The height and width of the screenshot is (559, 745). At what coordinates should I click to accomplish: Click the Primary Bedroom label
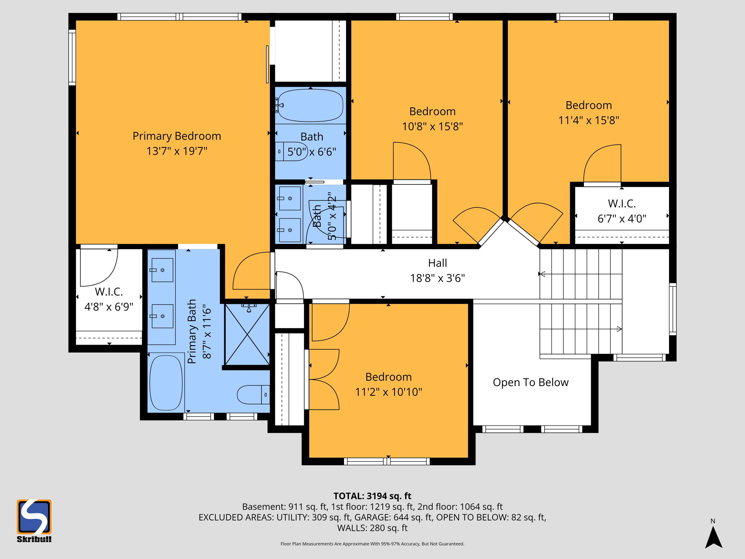177,136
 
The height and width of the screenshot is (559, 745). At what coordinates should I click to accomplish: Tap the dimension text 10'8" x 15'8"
432,127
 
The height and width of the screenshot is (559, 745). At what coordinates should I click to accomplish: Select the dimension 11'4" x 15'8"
589,120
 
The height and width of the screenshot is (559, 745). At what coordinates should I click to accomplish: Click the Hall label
437,263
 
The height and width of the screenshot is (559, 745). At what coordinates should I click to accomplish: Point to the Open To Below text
530,382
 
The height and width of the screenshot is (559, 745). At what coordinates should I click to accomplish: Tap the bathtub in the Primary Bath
166,382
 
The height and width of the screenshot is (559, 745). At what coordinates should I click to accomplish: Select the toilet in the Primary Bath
253,395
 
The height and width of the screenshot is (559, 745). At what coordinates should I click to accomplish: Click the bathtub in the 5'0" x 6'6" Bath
310,106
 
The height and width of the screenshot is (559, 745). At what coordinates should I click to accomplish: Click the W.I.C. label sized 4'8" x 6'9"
109,292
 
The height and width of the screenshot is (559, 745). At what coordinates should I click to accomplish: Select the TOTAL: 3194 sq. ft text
372,496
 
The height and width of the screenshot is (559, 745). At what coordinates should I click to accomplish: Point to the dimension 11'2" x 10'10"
389,392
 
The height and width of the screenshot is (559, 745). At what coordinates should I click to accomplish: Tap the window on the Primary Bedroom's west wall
72,58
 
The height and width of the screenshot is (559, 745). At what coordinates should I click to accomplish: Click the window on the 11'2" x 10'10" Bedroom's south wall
387,461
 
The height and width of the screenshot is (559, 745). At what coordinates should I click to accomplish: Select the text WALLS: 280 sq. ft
372,528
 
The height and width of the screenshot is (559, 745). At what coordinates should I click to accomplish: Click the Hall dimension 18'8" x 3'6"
437,278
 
